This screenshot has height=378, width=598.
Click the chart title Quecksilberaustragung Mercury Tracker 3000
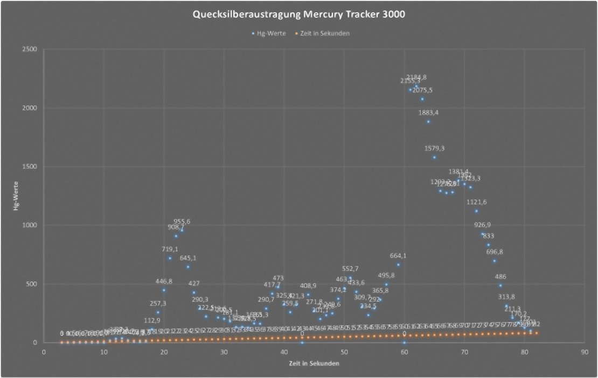(299, 14)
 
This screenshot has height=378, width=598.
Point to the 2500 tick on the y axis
(29, 49)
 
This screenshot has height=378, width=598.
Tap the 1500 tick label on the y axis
(29, 167)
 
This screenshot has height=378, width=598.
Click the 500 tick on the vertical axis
(31, 284)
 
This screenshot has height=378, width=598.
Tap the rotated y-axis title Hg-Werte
(17, 196)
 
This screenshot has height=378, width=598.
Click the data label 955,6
(182, 222)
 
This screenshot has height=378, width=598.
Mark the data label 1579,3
(434, 148)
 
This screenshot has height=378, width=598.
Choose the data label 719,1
(170, 249)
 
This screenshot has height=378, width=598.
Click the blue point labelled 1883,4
(428, 122)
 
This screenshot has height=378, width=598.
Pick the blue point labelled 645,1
(188, 267)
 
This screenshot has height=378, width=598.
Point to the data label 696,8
(495, 252)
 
